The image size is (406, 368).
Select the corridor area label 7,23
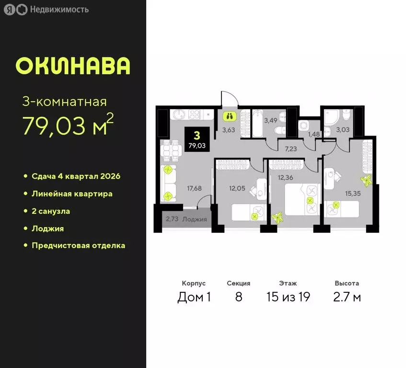click(290, 149)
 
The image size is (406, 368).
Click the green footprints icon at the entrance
click(229, 115)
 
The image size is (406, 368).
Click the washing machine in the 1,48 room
click(303, 125)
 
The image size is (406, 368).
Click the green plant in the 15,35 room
click(367, 181)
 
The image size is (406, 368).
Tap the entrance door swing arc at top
click(229, 97)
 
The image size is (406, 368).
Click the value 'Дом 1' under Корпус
click(194, 297)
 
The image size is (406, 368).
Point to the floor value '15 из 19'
click(288, 297)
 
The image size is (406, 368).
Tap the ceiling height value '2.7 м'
click(347, 297)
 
